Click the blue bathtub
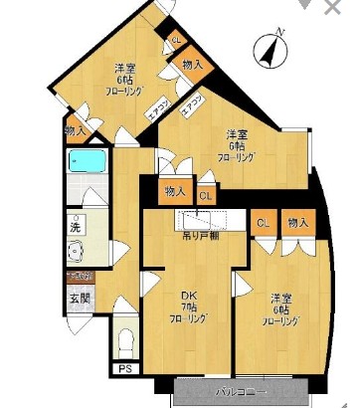[x=89, y=161]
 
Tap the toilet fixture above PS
[x=125, y=342]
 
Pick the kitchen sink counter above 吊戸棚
[x=204, y=220]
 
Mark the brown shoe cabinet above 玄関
[x=79, y=276]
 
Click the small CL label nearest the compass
[x=176, y=40]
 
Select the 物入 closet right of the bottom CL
[x=296, y=223]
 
